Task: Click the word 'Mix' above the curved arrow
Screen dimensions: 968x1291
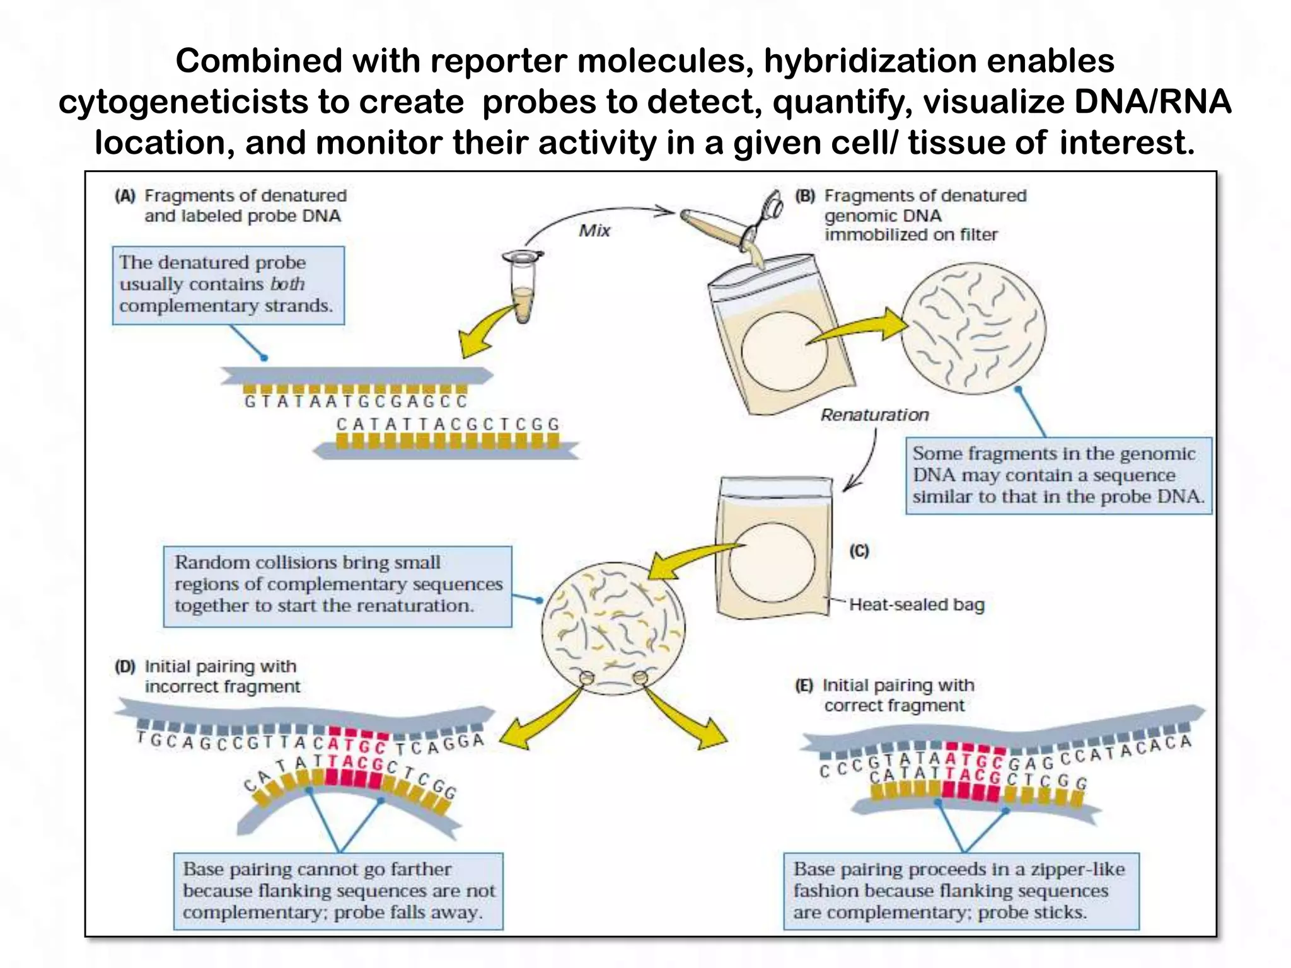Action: coord(594,231)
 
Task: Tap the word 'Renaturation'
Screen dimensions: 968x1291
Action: coord(874,415)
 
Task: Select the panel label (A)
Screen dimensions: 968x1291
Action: coord(125,196)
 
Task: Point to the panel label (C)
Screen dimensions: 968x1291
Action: coord(859,551)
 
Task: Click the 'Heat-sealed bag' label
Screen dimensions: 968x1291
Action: coord(916,604)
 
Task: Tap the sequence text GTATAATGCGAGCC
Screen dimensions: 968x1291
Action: coord(356,401)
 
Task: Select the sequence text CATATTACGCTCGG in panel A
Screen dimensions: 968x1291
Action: coord(448,424)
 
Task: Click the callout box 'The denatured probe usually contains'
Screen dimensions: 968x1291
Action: coord(228,285)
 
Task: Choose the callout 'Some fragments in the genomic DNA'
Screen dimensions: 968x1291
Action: coord(1058,475)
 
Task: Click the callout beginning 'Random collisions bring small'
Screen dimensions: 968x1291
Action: coord(337,586)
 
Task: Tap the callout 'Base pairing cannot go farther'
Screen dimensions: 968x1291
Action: coord(338,890)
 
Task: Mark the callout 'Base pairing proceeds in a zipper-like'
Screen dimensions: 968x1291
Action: coord(961,890)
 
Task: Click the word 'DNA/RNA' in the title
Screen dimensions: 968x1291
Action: coord(1152,102)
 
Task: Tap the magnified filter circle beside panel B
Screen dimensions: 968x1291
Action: coord(973,328)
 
